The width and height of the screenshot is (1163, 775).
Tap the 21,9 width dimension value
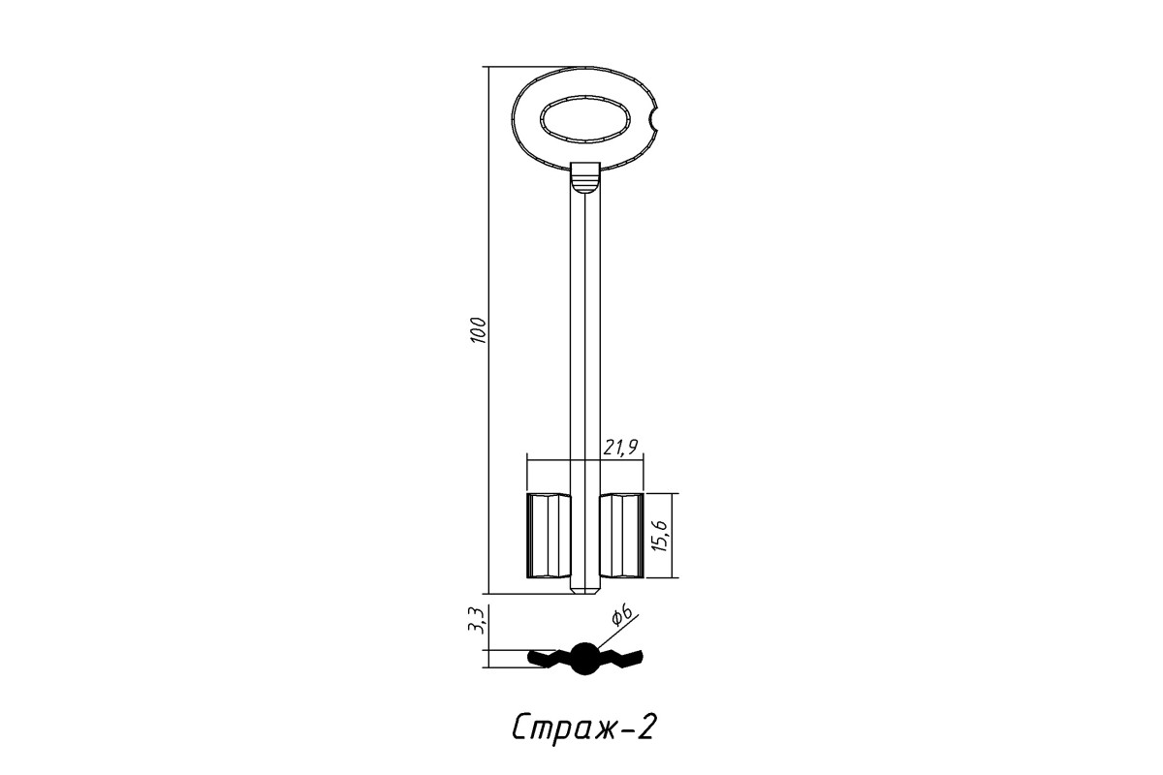620,447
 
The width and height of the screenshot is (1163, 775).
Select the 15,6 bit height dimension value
660,535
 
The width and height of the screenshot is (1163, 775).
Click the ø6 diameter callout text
622,616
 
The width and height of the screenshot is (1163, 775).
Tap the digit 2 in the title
644,727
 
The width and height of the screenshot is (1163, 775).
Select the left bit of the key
549,536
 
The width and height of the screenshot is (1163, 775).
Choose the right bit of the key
622,536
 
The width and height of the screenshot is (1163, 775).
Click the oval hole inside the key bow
585,118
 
